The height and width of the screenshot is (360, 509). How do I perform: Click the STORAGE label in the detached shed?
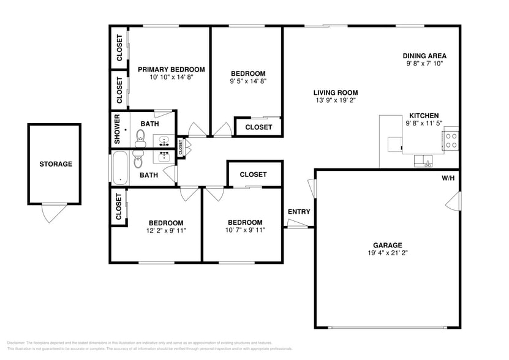coord(56,164)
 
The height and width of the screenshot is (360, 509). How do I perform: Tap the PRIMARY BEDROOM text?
coord(171,70)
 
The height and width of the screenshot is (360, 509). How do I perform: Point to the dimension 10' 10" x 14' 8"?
coord(171,78)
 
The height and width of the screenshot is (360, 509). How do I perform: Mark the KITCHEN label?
coord(424,116)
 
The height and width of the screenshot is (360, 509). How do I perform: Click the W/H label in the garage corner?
coord(448,178)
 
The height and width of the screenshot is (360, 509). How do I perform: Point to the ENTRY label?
coord(299,212)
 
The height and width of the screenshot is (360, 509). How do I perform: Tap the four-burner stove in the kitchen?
coord(451,140)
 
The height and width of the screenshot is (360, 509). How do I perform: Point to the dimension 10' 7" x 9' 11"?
coord(245,231)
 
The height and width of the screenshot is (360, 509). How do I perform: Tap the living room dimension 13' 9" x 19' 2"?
coord(336,100)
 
